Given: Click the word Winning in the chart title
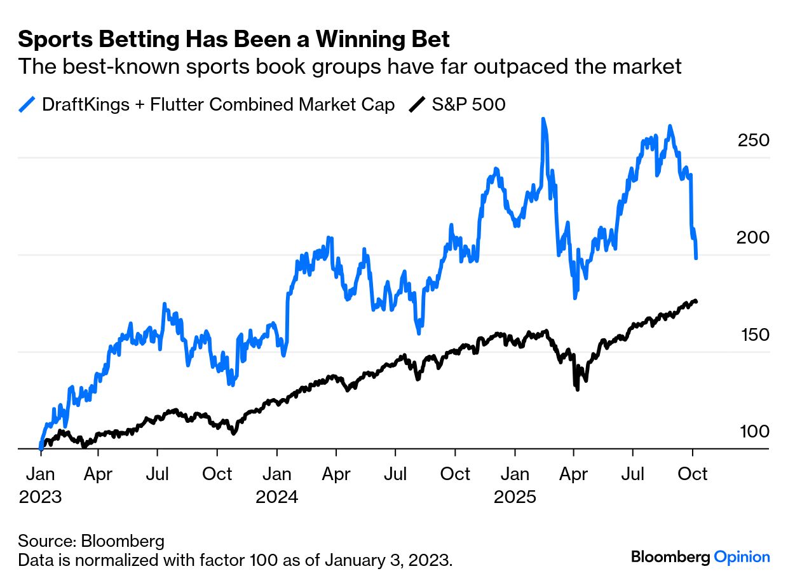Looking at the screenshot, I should pos(355,39).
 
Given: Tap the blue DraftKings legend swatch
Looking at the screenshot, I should pos(27,104).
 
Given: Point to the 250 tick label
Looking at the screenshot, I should pos(753,141).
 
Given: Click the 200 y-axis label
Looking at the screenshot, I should pos(753,238).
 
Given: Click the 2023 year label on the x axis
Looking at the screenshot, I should pos(41,497).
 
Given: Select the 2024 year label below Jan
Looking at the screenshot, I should pos(277,497).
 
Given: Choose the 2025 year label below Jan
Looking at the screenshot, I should pos(515,497).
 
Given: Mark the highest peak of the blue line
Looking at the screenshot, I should pos(543,119).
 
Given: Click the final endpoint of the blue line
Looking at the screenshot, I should pos(696,258).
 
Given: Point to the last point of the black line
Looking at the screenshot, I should pos(696,301).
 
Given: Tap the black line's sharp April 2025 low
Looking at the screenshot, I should pos(577,389).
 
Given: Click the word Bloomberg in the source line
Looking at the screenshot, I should pos(123,542).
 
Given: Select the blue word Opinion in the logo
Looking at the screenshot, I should pos(742,557).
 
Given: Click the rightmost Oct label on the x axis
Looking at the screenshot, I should pos(693,474).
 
